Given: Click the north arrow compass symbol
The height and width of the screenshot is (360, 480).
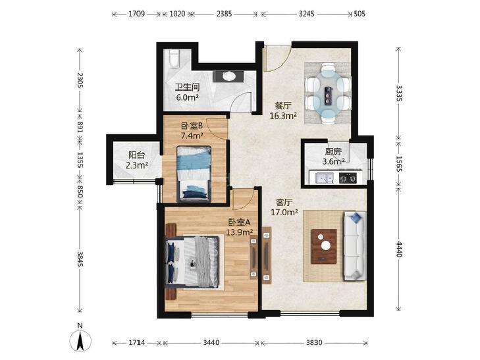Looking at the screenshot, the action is pyautogui.click(x=80, y=340).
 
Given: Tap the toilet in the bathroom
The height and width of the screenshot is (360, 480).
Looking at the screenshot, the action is pyautogui.click(x=174, y=59).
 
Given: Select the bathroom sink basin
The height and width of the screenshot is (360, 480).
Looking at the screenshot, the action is pyautogui.click(x=228, y=76).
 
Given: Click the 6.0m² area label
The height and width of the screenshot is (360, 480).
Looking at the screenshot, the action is pyautogui.click(x=188, y=98).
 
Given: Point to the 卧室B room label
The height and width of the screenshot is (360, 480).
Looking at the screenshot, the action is pyautogui.click(x=192, y=126).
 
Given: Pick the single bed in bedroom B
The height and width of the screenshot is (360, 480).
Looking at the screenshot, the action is pyautogui.click(x=194, y=174).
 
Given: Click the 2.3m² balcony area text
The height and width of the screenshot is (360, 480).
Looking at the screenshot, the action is pyautogui.click(x=137, y=165).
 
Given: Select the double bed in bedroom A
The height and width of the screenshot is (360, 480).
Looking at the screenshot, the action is pyautogui.click(x=193, y=262).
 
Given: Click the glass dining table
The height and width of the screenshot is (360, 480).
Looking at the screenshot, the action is pyautogui.click(x=329, y=93).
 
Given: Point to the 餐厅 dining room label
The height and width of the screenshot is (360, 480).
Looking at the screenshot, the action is pyautogui.click(x=283, y=106).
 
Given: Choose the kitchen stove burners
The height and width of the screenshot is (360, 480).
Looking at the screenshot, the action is pyautogui.click(x=348, y=178).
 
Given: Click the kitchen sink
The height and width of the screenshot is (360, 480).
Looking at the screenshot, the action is pyautogui.click(x=321, y=178).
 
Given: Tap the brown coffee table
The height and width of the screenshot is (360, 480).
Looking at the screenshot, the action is pyautogui.click(x=324, y=246).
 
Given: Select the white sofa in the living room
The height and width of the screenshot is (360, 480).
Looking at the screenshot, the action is pyautogui.click(x=355, y=245).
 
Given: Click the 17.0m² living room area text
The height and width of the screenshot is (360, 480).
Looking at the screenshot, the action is pyautogui.click(x=284, y=213).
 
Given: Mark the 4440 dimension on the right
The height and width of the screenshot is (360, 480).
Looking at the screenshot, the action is pyautogui.click(x=399, y=249).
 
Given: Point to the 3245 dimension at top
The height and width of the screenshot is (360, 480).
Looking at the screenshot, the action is pyautogui.click(x=306, y=14).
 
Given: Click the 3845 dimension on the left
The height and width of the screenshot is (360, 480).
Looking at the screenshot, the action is pyautogui.click(x=80, y=259).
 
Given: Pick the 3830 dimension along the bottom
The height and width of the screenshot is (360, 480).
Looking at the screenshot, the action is pyautogui.click(x=314, y=343).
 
